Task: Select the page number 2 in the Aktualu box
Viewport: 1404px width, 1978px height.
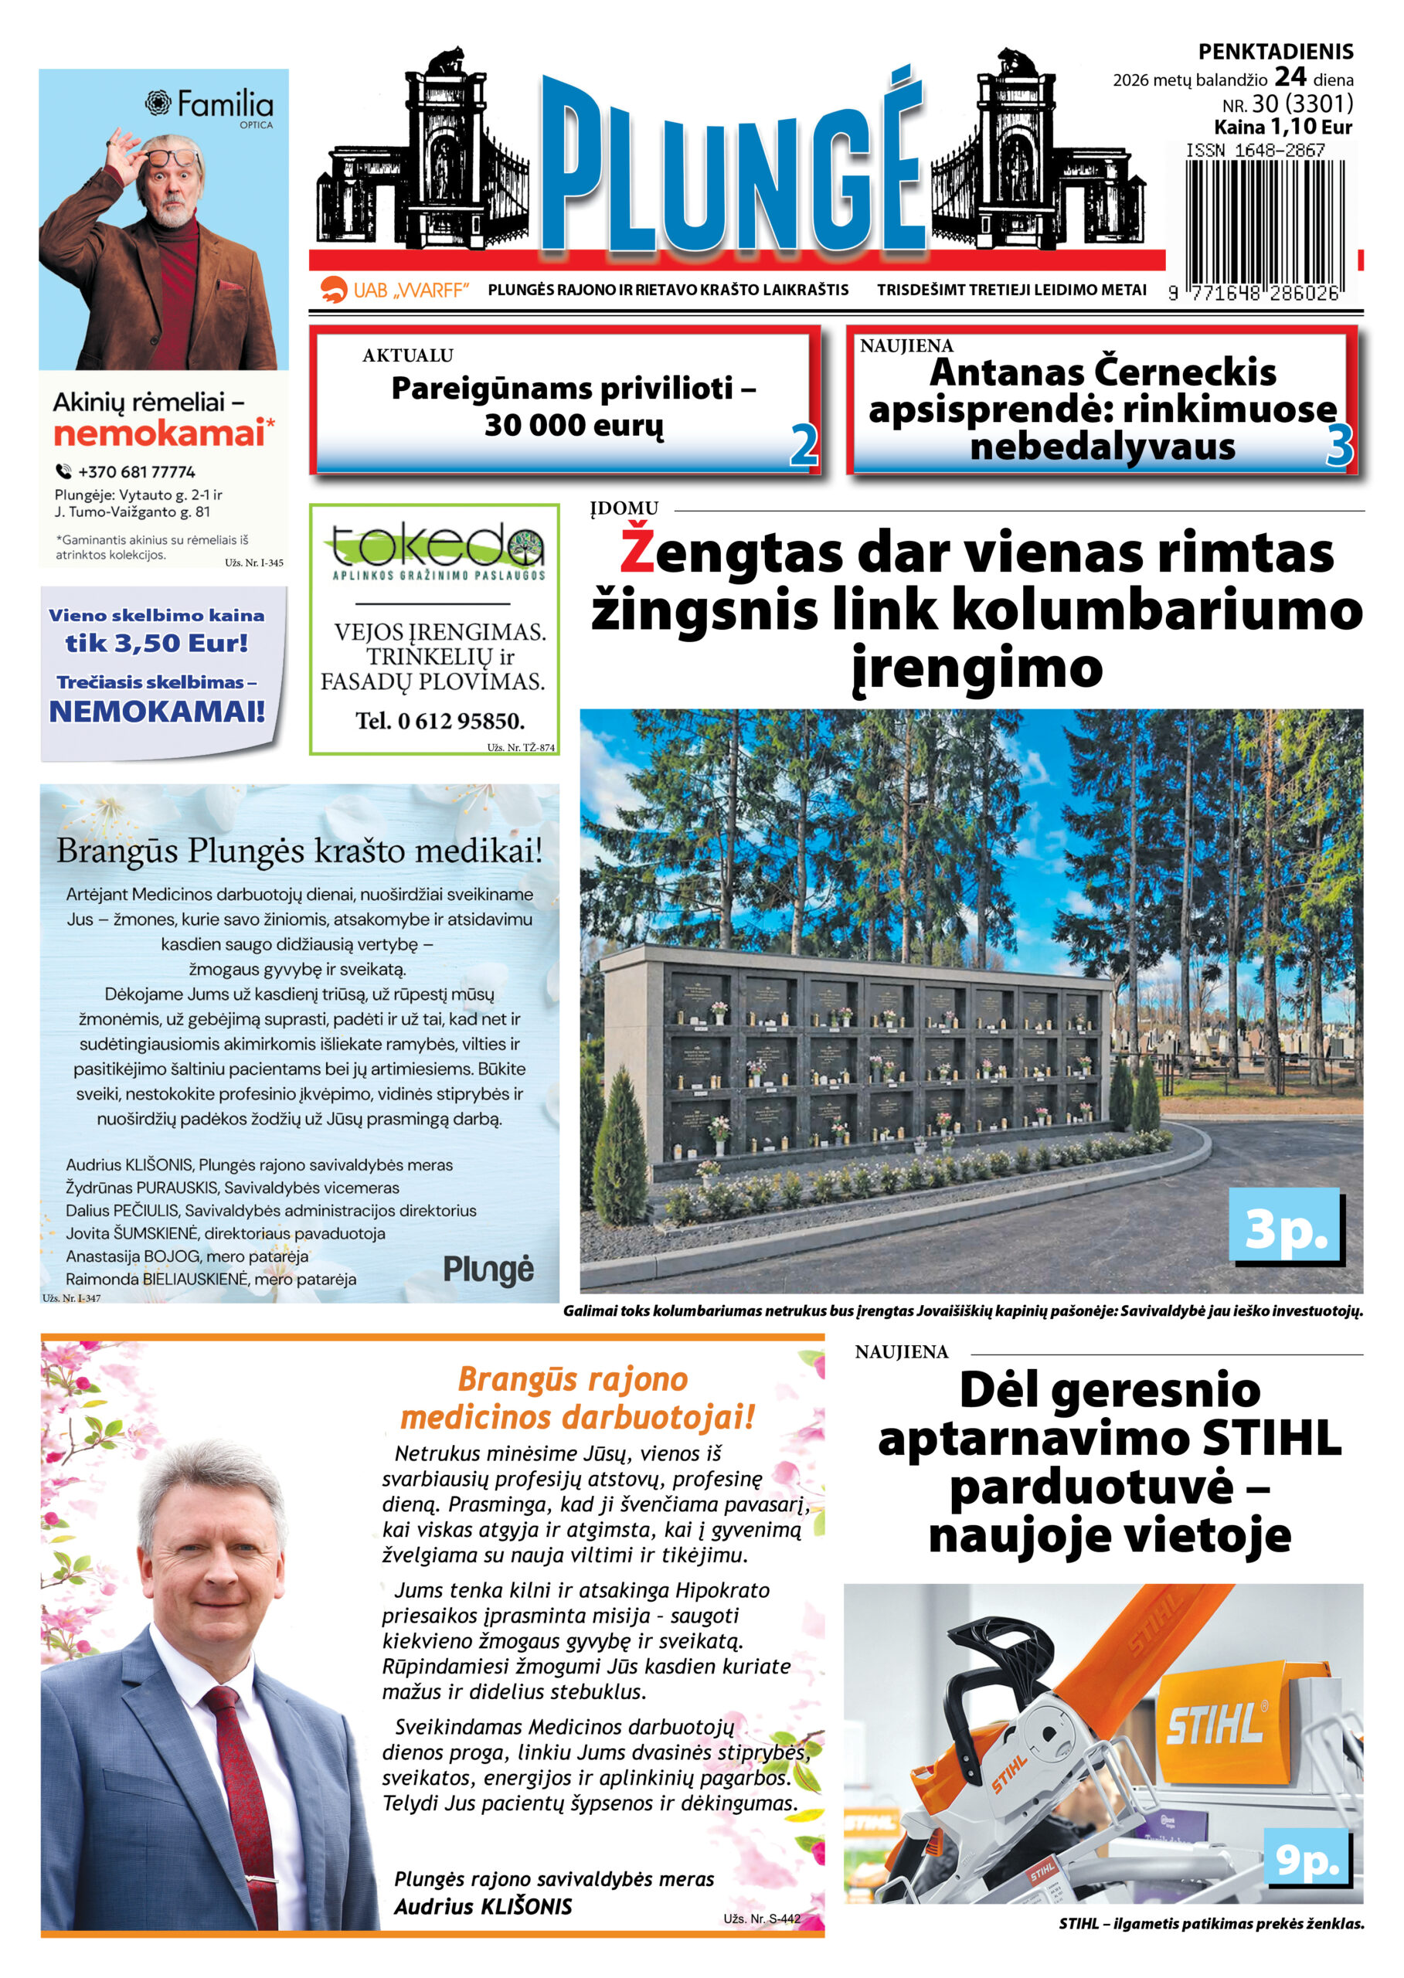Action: point(803,445)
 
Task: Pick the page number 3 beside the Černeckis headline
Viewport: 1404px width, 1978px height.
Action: point(1338,446)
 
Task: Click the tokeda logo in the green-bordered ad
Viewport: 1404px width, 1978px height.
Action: point(437,551)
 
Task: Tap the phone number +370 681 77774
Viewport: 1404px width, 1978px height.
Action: point(136,471)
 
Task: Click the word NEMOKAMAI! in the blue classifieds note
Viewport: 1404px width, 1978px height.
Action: point(157,711)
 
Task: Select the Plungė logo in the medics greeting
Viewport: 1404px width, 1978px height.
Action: point(488,1269)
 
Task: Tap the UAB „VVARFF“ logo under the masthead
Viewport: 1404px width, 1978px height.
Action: point(394,290)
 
